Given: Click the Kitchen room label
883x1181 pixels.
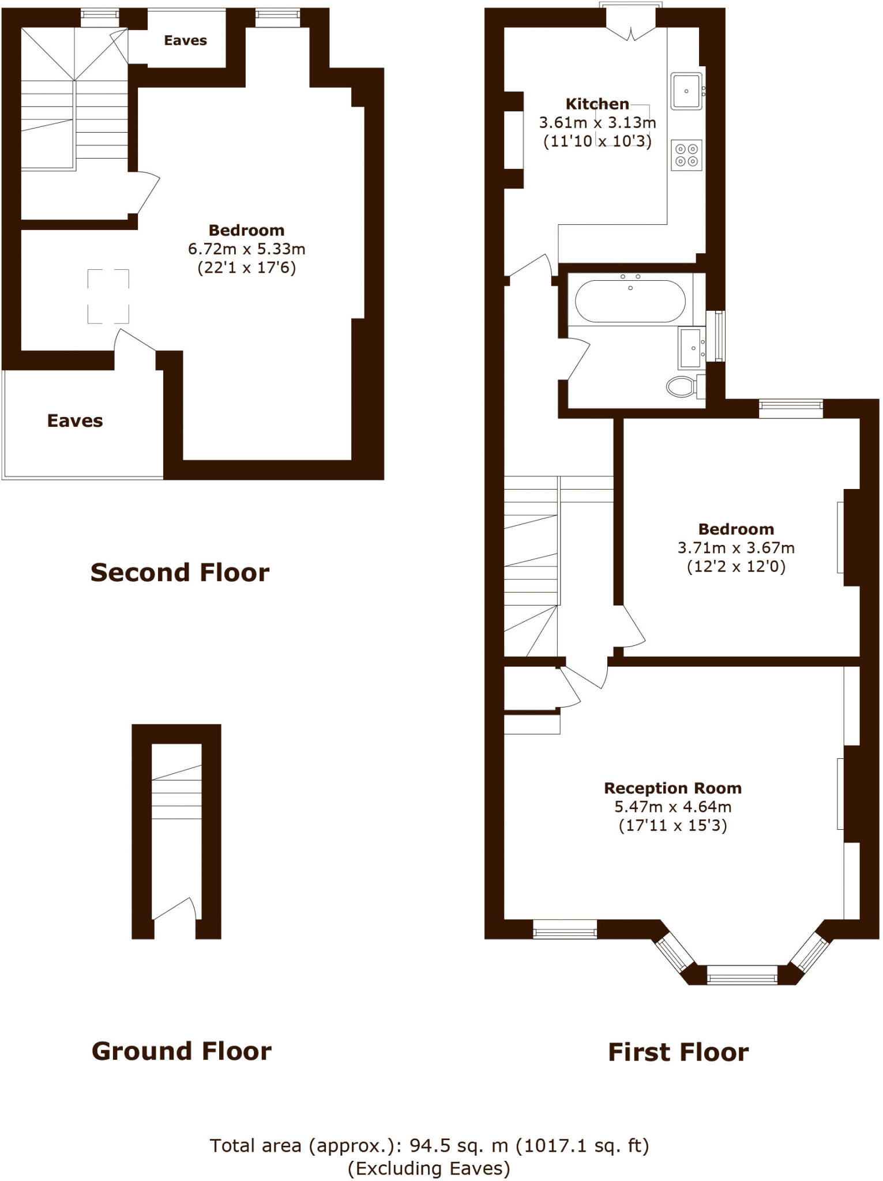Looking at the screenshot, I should (x=597, y=104).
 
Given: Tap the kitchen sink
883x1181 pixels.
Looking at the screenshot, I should (x=686, y=91).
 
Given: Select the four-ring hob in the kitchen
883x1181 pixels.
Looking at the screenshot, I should (x=686, y=155).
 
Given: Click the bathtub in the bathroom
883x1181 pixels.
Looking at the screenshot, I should (x=630, y=301).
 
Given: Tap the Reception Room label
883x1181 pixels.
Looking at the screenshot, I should (x=672, y=788).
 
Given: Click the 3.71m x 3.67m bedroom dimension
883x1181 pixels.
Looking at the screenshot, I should (x=735, y=548).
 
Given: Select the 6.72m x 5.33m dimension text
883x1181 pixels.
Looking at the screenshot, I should (x=246, y=249).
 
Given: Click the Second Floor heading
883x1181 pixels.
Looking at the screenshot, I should (x=180, y=573).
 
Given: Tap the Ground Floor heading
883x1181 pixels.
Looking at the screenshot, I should (x=181, y=1051).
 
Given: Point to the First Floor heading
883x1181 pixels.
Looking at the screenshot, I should (x=678, y=1052).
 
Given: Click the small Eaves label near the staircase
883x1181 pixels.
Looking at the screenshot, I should (x=185, y=40).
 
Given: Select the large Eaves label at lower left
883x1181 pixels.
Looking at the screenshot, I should (x=75, y=421).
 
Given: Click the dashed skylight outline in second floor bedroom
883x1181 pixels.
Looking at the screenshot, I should (x=108, y=296).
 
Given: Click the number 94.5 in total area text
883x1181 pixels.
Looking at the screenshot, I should (x=429, y=1145).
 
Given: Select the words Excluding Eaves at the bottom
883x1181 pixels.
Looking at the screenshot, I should (x=429, y=1168).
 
